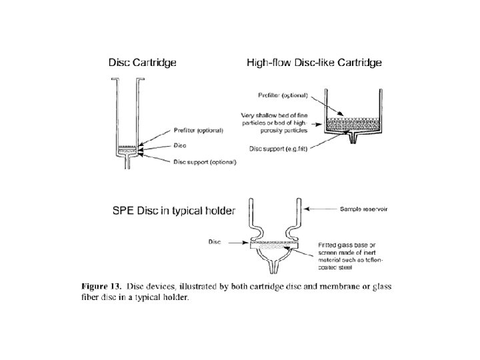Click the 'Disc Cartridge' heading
(x=143, y=63)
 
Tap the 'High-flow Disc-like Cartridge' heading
(x=314, y=63)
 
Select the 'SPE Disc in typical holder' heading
(x=173, y=211)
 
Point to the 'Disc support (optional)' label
(x=204, y=161)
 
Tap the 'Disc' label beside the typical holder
(x=214, y=242)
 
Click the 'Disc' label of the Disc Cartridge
(x=179, y=145)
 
